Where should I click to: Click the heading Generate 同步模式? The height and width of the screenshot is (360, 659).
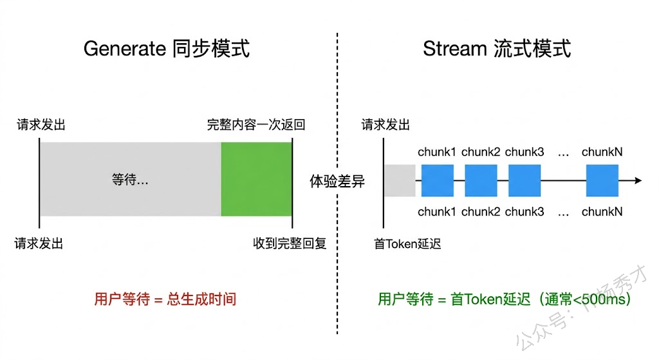167,48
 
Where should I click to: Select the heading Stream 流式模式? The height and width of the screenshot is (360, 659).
497,48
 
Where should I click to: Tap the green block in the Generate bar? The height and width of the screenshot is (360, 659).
256,179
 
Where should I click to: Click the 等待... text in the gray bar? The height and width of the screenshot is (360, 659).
130,180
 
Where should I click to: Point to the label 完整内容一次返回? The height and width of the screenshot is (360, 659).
256,124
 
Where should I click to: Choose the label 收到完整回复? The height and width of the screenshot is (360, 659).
290,243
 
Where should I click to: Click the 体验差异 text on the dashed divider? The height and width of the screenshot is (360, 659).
337,181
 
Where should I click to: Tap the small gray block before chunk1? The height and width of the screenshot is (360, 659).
400,180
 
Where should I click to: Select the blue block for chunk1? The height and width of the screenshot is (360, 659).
438,180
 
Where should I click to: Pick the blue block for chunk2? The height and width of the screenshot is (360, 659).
481,180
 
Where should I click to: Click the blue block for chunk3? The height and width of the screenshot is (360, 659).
524,180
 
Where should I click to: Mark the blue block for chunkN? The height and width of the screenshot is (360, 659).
602,180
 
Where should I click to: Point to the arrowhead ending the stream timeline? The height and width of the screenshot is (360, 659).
638,180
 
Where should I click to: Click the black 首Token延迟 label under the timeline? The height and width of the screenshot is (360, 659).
407,243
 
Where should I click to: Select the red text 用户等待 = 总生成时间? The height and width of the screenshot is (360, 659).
165,299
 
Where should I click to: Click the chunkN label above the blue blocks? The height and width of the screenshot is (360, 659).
602,152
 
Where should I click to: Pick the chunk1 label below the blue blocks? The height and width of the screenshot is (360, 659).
437,211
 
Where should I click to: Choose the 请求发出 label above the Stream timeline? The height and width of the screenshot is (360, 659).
385,124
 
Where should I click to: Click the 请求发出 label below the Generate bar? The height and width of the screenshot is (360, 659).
39,243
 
